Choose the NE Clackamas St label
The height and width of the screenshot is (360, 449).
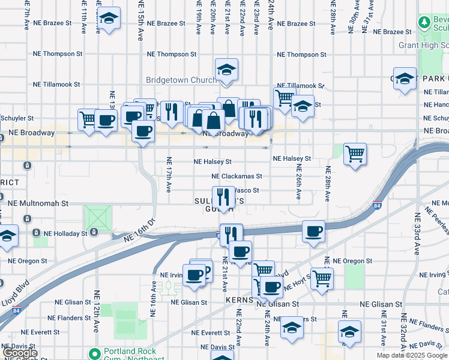pyautogui.click(x=237, y=176)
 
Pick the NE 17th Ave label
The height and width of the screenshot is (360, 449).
pyautogui.click(x=169, y=175)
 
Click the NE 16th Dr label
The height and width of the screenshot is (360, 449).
pyautogui.click(x=139, y=230)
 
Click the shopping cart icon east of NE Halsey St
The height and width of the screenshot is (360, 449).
pyautogui.click(x=355, y=154)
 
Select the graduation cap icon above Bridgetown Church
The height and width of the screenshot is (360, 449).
pyautogui.click(x=226, y=70)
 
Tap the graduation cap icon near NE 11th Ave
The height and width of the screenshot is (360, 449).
pyautogui.click(x=109, y=18)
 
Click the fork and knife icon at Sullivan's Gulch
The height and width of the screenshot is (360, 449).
pyautogui.click(x=223, y=197)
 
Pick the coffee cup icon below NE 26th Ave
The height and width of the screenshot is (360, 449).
pyautogui.click(x=313, y=232)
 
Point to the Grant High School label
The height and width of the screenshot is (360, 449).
pyautogui.click(x=424, y=45)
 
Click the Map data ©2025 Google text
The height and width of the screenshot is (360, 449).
pyautogui.click(x=411, y=355)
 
